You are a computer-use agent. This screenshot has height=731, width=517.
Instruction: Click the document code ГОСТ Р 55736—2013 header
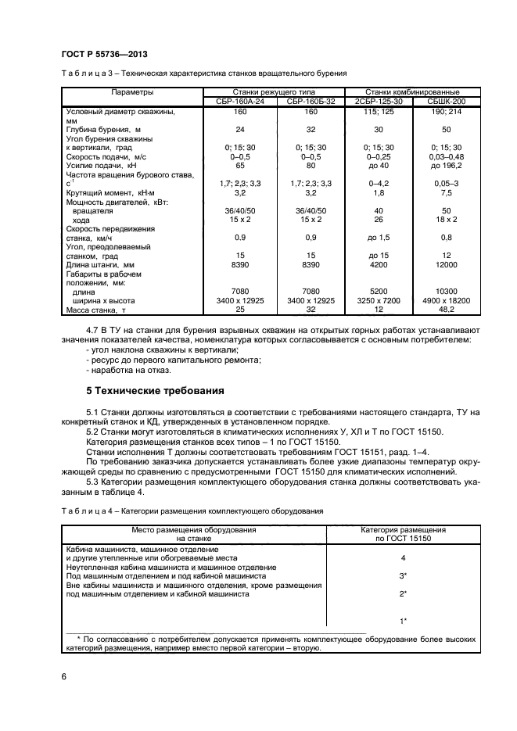coord(105,53)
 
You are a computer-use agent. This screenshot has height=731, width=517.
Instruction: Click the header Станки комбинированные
coord(412,92)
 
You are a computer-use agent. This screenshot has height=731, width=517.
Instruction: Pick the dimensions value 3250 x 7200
coord(379,301)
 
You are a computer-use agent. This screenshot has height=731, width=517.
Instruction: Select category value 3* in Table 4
coord(402,575)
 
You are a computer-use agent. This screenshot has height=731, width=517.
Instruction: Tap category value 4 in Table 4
coord(402,558)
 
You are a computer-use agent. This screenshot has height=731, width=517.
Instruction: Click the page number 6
coord(63,675)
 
